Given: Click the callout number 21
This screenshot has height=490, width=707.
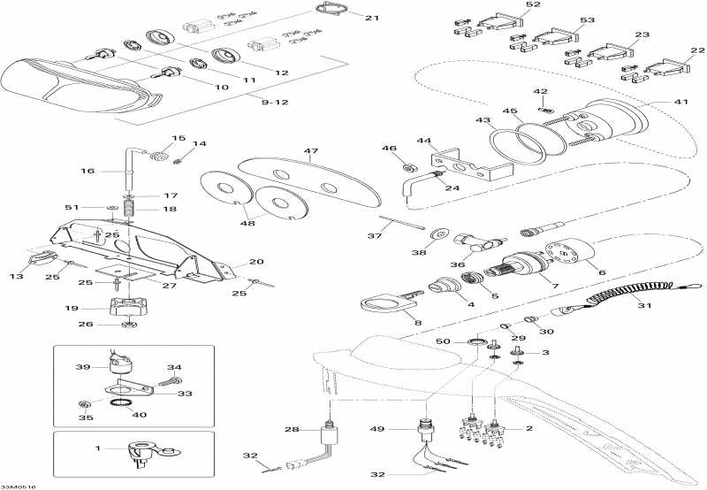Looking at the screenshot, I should tap(371, 18).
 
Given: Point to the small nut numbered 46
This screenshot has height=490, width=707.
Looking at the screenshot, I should tap(409, 167).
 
